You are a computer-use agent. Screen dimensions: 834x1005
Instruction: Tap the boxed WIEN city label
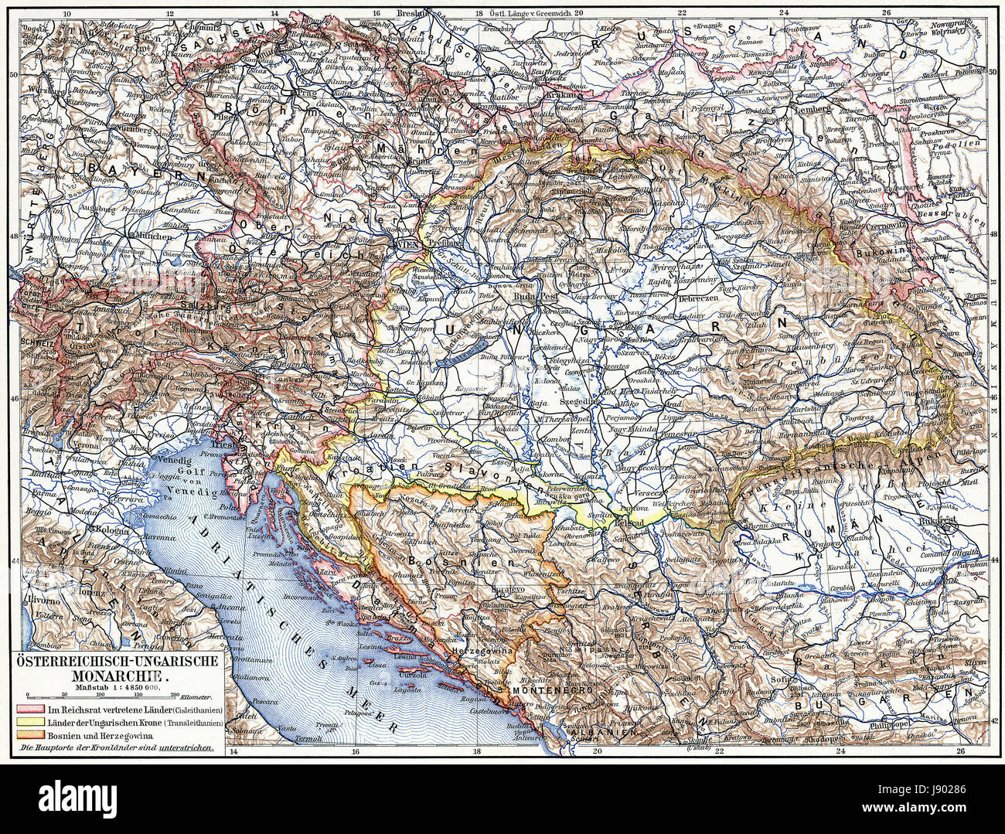(x=408, y=243)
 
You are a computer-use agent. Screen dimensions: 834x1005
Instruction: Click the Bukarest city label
(x=939, y=522)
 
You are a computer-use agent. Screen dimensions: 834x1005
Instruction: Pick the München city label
(x=152, y=233)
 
